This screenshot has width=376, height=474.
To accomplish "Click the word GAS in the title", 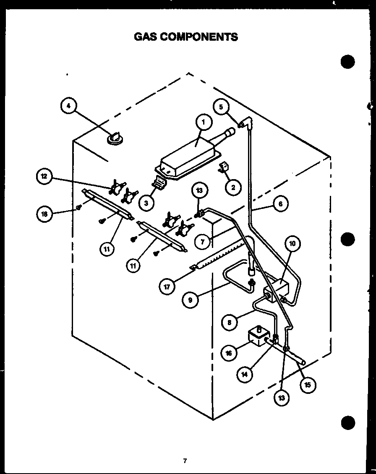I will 144,37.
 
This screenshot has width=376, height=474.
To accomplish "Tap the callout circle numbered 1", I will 203,122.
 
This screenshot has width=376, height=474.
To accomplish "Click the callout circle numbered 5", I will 221,107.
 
